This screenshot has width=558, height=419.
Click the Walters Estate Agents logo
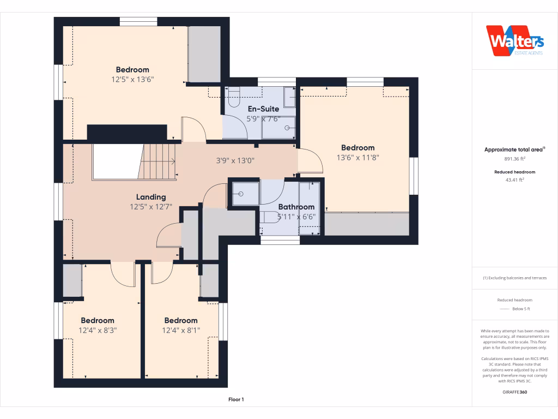[514, 41]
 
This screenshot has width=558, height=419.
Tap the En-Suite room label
[263, 109]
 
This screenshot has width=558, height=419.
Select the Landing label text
[151, 197]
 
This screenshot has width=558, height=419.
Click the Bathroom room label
[296, 207]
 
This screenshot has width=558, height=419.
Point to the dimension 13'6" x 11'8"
[357, 157]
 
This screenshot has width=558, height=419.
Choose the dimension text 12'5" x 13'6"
[132, 79]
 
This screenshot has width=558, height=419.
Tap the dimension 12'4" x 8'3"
[98, 330]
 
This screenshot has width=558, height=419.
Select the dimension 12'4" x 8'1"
[181, 330]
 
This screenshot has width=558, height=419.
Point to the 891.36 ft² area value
[514, 159]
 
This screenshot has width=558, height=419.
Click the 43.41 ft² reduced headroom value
[514, 179]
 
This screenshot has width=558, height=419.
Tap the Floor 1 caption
[236, 400]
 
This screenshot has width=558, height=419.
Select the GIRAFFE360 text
[514, 392]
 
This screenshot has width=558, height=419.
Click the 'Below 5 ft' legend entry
[521, 309]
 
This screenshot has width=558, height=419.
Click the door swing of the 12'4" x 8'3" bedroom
[123, 272]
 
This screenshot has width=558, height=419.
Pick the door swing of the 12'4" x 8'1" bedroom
[162, 273]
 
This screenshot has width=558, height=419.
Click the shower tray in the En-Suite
[279, 129]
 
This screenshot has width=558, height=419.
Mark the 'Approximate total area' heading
[514, 149]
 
